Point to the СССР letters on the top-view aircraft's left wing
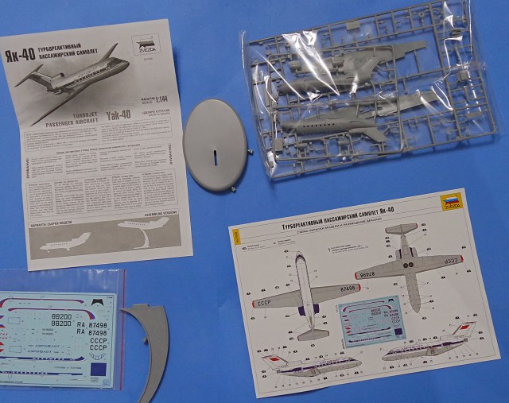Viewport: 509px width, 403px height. click(x=263, y=304)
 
